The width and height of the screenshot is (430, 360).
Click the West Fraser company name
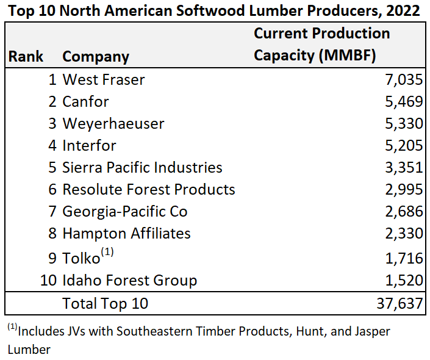(104, 79)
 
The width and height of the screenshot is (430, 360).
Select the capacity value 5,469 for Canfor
(404, 101)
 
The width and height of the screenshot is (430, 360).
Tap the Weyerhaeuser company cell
(113, 123)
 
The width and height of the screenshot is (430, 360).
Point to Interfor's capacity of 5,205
(404, 145)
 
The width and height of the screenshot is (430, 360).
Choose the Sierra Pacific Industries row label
(142, 167)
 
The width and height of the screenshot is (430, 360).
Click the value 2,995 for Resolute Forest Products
(404, 189)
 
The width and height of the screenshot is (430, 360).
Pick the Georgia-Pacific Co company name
(125, 211)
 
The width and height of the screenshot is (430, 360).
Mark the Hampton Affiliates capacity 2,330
(404, 233)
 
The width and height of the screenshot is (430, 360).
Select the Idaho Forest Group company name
(130, 281)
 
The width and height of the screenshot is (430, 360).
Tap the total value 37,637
(400, 303)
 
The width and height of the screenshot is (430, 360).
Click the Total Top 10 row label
(105, 303)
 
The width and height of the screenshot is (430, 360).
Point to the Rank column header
(26, 57)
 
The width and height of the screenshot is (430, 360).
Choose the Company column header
(96, 57)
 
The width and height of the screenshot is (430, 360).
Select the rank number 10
(49, 281)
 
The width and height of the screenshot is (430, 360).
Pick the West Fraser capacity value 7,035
(404, 79)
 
